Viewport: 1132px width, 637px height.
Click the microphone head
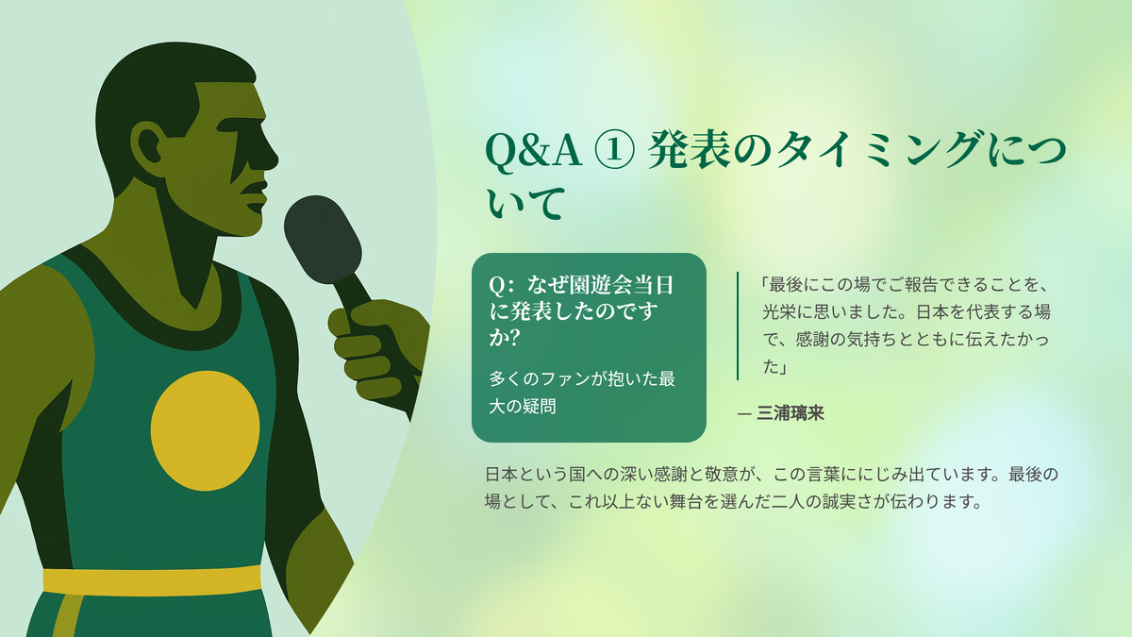(x=323, y=239)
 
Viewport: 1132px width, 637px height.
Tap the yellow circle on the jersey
(x=206, y=430)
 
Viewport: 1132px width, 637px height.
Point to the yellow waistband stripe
(x=152, y=580)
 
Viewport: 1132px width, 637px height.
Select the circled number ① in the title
(x=614, y=151)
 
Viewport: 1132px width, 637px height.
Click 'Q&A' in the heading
(x=533, y=151)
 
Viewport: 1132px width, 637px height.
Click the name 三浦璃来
(x=791, y=413)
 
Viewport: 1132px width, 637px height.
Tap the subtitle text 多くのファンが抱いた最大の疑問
(x=582, y=393)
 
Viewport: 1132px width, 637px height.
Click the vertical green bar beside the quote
(x=738, y=326)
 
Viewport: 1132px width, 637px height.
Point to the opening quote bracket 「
(x=764, y=285)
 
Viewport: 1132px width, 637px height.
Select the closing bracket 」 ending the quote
(x=783, y=366)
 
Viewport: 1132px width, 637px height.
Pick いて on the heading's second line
(x=525, y=203)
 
